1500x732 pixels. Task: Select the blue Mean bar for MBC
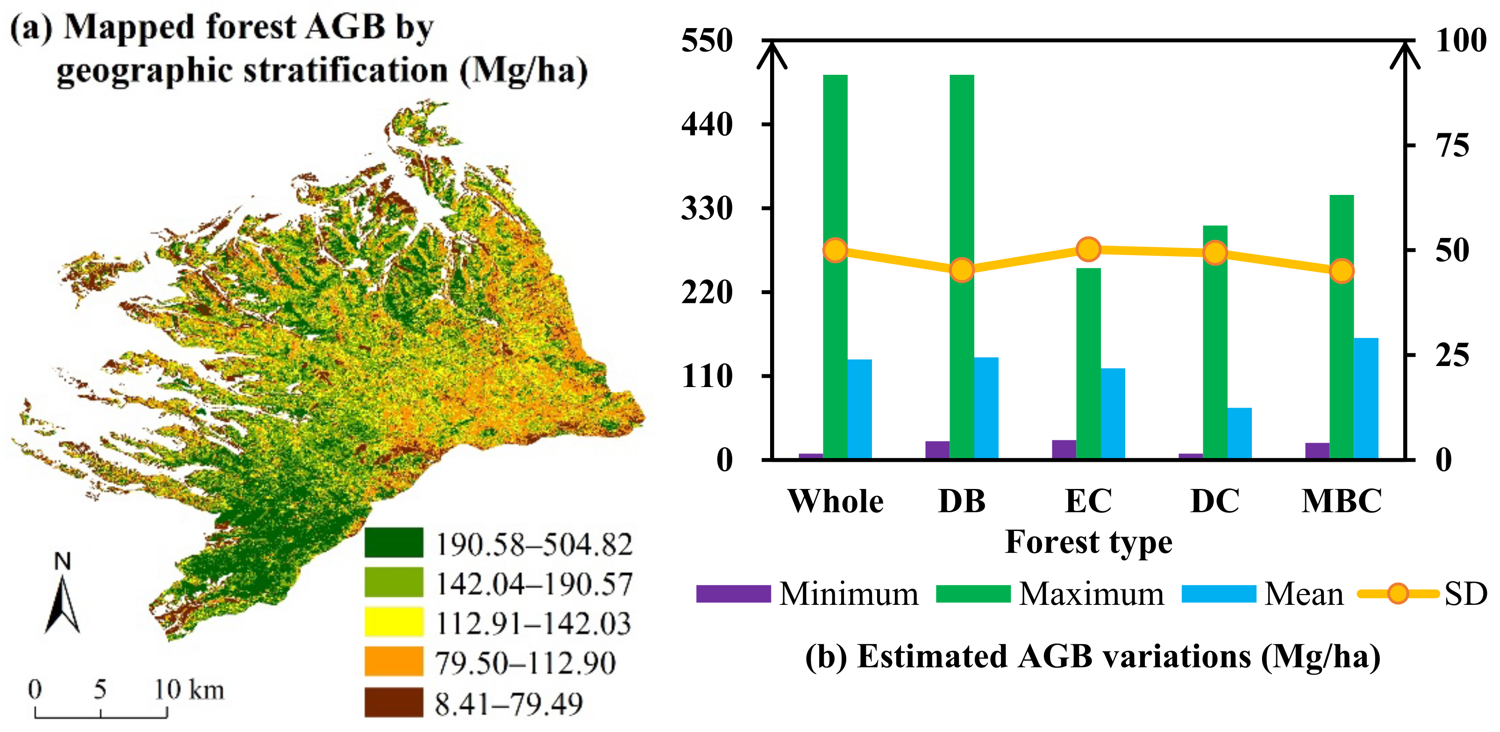1365,398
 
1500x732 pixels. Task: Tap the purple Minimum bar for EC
1064,449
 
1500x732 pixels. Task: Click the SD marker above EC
1088,249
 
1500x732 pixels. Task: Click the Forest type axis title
1088,542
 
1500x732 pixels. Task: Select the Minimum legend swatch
733,594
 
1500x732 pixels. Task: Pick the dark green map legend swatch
393,543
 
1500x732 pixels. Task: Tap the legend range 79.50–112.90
525,663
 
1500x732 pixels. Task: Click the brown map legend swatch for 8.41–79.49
393,702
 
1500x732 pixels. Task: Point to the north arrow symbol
62,603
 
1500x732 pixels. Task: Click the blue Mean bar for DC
1239,433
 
